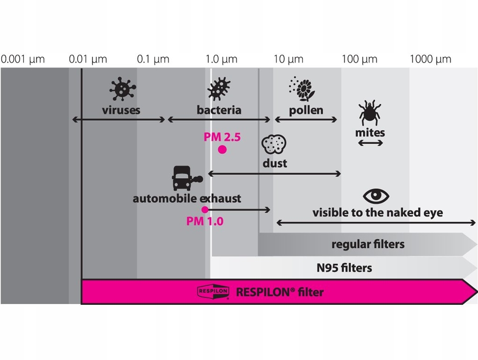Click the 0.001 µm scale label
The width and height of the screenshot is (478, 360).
pyautogui.click(x=23, y=59)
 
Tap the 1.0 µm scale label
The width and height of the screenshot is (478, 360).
pyautogui.click(x=221, y=59)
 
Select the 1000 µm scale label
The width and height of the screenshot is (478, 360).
pyautogui.click(x=430, y=59)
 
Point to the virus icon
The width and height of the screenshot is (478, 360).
pyautogui.click(x=122, y=89)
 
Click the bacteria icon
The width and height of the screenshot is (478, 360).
pyautogui.click(x=219, y=89)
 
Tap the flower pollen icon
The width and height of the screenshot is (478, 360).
pyautogui.click(x=302, y=89)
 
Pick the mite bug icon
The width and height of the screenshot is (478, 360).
pyautogui.click(x=370, y=113)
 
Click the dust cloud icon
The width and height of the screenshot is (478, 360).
pyautogui.click(x=274, y=144)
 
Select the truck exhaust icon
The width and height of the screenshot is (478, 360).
pyautogui.click(x=187, y=178)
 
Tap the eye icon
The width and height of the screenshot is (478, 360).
pyautogui.click(x=376, y=195)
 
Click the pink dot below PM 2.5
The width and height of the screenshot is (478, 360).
pyautogui.click(x=222, y=150)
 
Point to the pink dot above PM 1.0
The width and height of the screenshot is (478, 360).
pyautogui.click(x=205, y=209)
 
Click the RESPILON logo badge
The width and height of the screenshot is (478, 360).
pyautogui.click(x=213, y=292)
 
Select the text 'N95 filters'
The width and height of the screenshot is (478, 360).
pyautogui.click(x=344, y=268)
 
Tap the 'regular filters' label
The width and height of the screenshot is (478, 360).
pyautogui.click(x=368, y=244)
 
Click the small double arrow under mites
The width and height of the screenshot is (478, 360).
pyautogui.click(x=370, y=143)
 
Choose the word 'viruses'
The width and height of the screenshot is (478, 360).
pyautogui.click(x=121, y=110)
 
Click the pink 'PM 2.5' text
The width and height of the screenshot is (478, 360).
pyautogui.click(x=222, y=137)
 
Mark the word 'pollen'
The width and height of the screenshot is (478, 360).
pyautogui.click(x=306, y=110)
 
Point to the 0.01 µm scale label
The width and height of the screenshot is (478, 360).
pyautogui.click(x=88, y=59)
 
